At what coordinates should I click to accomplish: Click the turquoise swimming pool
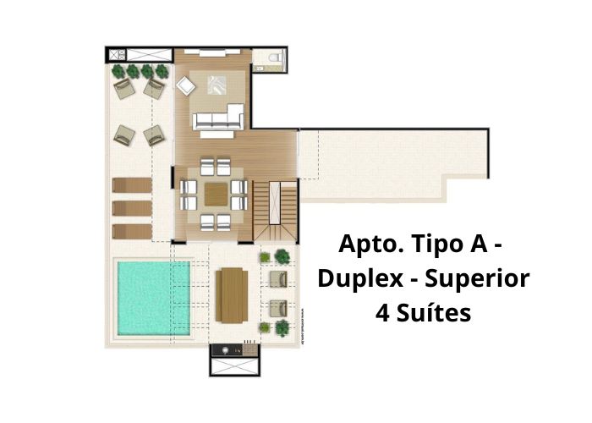[x=154, y=298]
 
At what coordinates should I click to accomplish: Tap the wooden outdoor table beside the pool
[x=232, y=295]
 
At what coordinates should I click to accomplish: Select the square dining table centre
[x=216, y=194]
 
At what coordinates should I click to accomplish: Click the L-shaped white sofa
[x=218, y=117]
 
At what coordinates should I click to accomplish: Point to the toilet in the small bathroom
[x=275, y=58]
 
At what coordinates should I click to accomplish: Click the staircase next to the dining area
[x=275, y=210]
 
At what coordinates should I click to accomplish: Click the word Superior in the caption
[x=477, y=278]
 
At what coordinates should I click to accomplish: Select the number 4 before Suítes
[x=382, y=314]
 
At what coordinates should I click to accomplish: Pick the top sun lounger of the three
[x=132, y=185]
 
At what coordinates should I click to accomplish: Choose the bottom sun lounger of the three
[x=132, y=232]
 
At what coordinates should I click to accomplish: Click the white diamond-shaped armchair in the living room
[x=185, y=86]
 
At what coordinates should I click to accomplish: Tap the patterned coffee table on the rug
[x=217, y=85]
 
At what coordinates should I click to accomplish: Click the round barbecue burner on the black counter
[x=226, y=350]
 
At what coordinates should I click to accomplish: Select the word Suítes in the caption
[x=434, y=314]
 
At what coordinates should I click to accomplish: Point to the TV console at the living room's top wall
[x=211, y=52]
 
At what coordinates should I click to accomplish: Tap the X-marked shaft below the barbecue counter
[x=234, y=366]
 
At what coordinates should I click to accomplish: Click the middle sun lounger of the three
[x=132, y=208]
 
